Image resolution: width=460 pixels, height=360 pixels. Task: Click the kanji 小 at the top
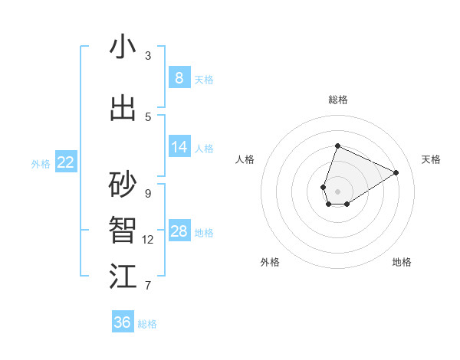pyautogui.click(x=123, y=47)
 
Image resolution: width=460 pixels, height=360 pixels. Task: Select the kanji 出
pyautogui.click(x=123, y=109)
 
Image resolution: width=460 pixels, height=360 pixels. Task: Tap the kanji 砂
pyautogui.click(x=123, y=185)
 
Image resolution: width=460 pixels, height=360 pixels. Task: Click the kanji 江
pyautogui.click(x=123, y=277)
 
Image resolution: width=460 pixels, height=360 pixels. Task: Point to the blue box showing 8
pyautogui.click(x=179, y=77)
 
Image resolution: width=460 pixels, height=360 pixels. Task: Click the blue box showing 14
pyautogui.click(x=179, y=147)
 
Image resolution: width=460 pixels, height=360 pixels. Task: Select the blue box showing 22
pyautogui.click(x=66, y=162)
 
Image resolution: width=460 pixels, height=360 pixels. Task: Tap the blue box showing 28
pyautogui.click(x=179, y=231)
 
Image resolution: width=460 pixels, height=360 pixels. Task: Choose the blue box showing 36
pyautogui.click(x=122, y=322)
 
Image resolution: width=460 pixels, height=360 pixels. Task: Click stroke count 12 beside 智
pyautogui.click(x=148, y=240)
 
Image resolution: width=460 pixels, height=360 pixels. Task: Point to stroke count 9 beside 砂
pyautogui.click(x=148, y=193)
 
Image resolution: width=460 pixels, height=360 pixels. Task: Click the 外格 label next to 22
pyautogui.click(x=41, y=163)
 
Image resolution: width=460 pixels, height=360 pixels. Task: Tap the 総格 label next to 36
pyautogui.click(x=147, y=324)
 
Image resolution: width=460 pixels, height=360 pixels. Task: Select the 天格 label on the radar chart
pyautogui.click(x=432, y=159)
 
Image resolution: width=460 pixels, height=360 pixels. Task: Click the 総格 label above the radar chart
pyautogui.click(x=338, y=100)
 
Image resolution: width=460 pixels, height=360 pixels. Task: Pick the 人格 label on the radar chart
pyautogui.click(x=245, y=159)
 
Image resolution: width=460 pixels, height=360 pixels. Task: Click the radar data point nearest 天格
pyautogui.click(x=396, y=172)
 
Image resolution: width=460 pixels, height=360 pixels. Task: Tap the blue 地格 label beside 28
pyautogui.click(x=205, y=233)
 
